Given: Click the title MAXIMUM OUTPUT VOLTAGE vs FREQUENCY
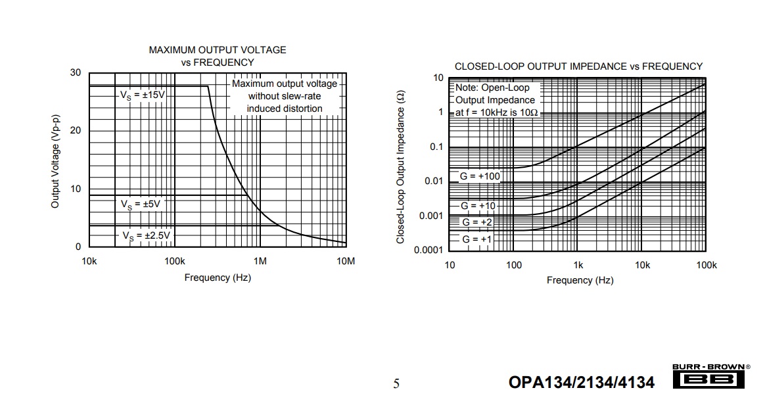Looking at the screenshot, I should [x=218, y=56].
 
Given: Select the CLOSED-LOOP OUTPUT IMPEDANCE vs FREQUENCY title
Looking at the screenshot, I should [x=578, y=66].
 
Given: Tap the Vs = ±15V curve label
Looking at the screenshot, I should [x=142, y=95].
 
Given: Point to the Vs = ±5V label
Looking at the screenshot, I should [x=140, y=204].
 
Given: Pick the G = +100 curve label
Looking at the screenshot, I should [x=479, y=176].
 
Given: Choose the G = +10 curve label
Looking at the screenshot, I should [x=478, y=206].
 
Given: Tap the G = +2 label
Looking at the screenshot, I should [x=476, y=222].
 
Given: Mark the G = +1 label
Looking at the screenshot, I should [x=476, y=239].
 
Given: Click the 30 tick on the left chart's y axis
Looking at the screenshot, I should [x=76, y=73].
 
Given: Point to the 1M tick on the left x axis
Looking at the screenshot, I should [x=260, y=261].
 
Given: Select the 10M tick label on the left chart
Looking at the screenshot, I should [x=346, y=261].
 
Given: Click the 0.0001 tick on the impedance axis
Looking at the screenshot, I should [x=429, y=250].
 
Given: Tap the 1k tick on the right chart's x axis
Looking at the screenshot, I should [x=578, y=265].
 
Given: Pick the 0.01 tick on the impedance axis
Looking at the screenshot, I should [x=434, y=181].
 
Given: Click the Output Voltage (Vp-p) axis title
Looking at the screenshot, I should [x=55, y=162].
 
